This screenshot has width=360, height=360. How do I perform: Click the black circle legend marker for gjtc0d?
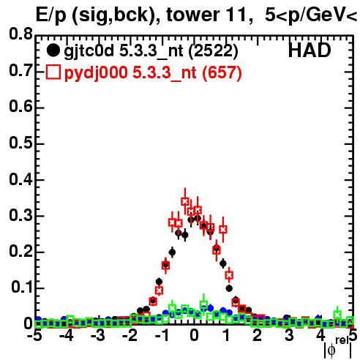pyautogui.click(x=53, y=50)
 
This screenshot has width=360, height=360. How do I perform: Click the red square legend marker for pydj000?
pyautogui.click(x=53, y=72)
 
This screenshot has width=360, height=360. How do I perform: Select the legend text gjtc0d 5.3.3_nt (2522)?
pyautogui.click(x=151, y=51)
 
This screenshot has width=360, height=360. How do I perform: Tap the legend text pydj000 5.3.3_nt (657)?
pyautogui.click(x=153, y=73)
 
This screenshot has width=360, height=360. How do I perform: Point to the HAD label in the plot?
pyautogui.click(x=310, y=50)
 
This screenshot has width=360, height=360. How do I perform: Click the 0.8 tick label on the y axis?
pyautogui.click(x=20, y=34)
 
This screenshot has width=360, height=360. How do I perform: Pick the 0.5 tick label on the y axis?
pyautogui.click(x=20, y=143)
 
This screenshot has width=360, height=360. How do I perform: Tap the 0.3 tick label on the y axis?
pyautogui.click(x=20, y=215)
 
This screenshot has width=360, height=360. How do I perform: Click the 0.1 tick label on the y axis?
pyautogui.click(x=22, y=287)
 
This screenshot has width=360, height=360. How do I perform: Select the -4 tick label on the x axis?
pyautogui.click(x=66, y=336)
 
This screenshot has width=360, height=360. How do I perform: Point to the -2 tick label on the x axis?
pyautogui.click(x=130, y=336)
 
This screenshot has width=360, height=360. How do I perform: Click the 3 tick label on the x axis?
pyautogui.click(x=289, y=336)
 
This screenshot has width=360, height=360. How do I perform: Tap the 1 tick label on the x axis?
pyautogui.click(x=227, y=336)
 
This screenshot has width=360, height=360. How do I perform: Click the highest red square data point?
pyautogui.click(x=185, y=201)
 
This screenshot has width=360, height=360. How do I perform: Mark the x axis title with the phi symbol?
pyautogui.click(x=338, y=348)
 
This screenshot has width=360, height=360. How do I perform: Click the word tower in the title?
pyautogui.click(x=192, y=15)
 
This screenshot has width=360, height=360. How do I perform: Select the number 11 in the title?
pyautogui.click(x=238, y=15)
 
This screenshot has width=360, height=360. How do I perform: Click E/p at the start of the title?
pyautogui.click(x=50, y=15)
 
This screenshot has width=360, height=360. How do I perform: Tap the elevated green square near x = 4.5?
pyautogui.click(x=337, y=315)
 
